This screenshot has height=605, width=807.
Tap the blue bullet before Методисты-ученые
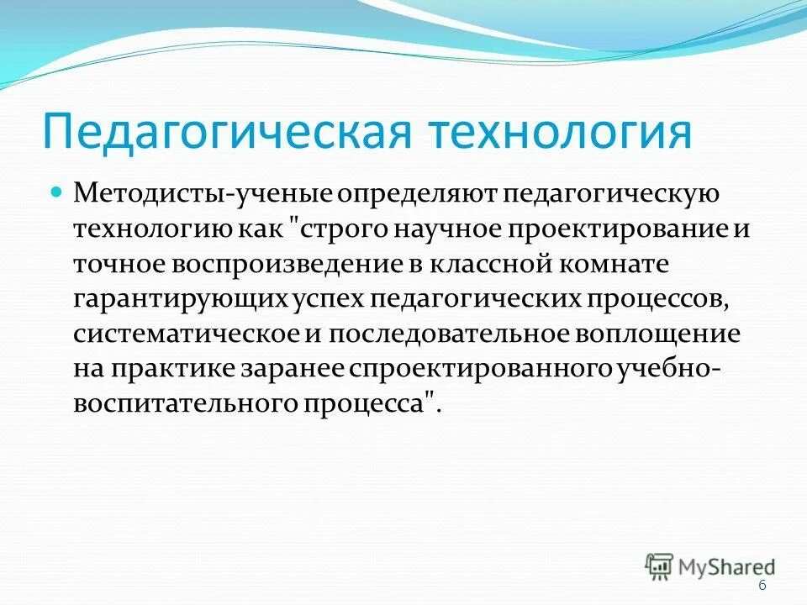click(x=57, y=192)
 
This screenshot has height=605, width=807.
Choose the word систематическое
click(x=186, y=334)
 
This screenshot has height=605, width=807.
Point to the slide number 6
click(x=762, y=586)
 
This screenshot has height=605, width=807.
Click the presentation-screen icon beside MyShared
click(x=659, y=566)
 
